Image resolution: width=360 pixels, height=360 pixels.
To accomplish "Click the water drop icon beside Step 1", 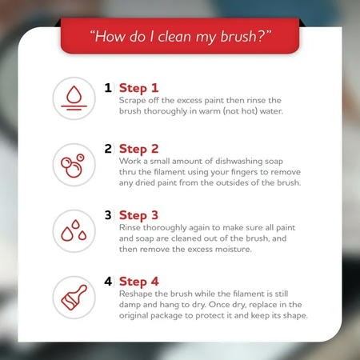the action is coord(74,98).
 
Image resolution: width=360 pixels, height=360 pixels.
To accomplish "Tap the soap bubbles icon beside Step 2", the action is coord(73,166).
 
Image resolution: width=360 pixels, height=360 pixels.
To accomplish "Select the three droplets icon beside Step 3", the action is coord(74,230).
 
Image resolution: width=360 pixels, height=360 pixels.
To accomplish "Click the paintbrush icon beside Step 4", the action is coord(74,298).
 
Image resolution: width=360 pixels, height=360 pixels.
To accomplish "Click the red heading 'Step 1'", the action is coord(138,89).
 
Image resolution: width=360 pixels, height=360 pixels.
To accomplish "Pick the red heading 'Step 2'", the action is coord(138,150).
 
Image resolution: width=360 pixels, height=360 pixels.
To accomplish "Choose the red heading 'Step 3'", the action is coord(138,216).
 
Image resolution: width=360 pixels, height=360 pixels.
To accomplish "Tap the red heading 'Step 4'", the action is coord(139,282).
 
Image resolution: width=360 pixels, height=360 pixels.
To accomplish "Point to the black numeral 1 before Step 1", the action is coord(108,88).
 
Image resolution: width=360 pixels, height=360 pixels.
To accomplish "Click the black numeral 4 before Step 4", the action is coord(108,281).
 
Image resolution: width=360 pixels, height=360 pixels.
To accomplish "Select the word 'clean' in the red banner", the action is coord(174,37).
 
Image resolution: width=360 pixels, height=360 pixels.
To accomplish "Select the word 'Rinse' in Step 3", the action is coord(130,227).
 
